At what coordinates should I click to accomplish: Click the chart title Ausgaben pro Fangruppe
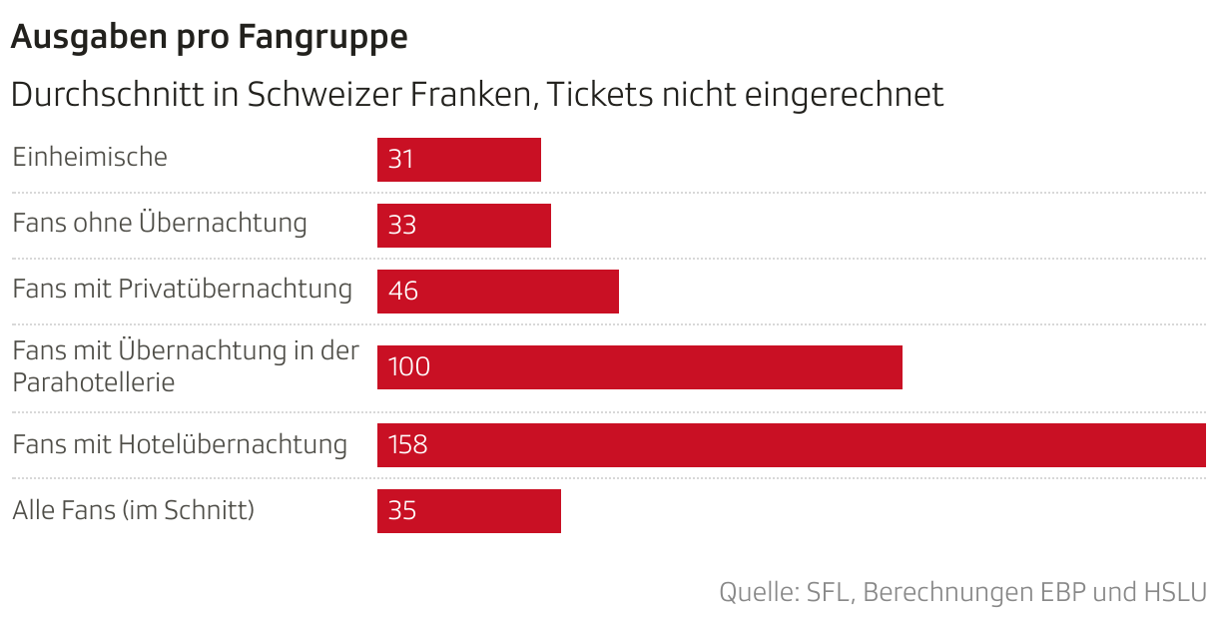[209, 37]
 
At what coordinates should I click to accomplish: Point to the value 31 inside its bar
[400, 160]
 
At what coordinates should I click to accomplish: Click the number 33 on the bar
[401, 226]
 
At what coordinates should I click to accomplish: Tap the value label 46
[402, 292]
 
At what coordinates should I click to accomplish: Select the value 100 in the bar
[408, 367]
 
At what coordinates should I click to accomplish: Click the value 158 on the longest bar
[407, 445]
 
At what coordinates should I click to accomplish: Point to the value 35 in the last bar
[401, 511]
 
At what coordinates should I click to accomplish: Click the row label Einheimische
[90, 157]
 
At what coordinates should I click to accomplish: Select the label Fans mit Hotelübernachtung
[180, 444]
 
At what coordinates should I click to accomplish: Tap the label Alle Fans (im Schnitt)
[134, 510]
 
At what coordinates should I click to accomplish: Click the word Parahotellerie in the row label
[94, 382]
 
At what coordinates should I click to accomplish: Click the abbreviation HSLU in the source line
[1174, 592]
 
